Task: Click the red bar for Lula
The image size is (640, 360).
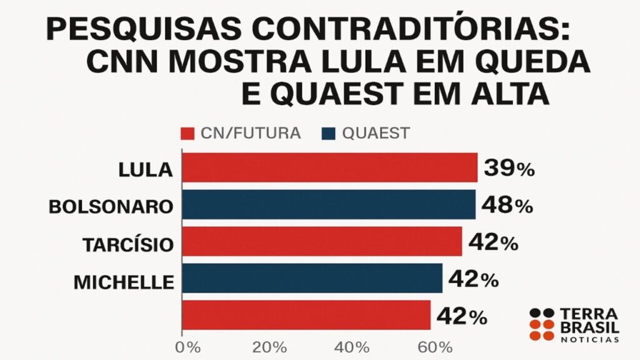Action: click(x=329, y=168)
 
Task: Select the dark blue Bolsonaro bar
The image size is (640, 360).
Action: click(x=329, y=205)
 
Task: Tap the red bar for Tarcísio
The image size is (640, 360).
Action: click(x=322, y=241)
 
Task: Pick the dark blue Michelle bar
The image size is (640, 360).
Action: click(x=312, y=278)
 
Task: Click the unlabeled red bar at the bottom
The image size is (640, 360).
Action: click(x=306, y=314)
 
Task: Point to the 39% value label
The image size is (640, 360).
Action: click(x=508, y=168)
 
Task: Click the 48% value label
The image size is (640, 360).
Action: click(x=506, y=205)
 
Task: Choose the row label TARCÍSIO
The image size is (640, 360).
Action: click(x=127, y=244)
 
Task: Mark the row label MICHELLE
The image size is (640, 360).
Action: click(x=123, y=282)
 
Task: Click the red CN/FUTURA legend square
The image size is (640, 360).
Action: click(x=186, y=133)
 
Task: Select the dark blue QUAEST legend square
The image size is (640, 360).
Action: click(x=328, y=133)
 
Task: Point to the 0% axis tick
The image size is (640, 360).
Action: click(x=188, y=347)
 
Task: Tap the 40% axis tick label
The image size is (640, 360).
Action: click(x=353, y=347)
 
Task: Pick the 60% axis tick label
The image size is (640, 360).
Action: click(x=436, y=347)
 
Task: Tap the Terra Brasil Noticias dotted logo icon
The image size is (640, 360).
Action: click(x=542, y=324)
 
